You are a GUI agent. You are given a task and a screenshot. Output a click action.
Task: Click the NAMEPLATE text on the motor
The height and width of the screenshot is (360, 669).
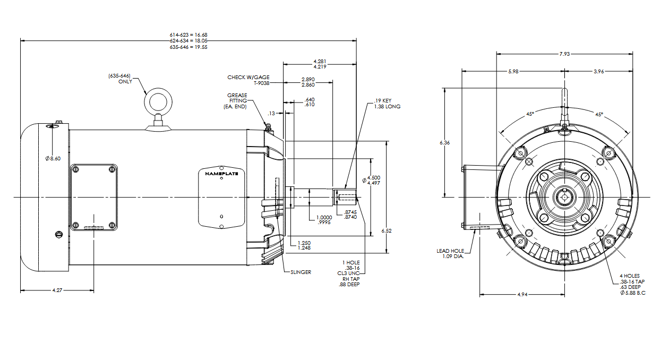221,173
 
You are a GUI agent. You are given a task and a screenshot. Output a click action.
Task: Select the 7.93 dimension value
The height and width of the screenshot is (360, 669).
564,54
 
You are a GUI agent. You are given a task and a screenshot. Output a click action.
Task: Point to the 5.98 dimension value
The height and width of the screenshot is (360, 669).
514,71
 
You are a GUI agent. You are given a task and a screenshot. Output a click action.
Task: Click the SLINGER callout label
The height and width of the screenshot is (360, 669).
301,272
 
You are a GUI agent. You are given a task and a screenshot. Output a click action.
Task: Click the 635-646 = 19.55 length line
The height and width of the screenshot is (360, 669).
188,47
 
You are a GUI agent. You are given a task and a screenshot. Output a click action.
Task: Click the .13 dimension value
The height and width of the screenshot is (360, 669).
271,113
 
